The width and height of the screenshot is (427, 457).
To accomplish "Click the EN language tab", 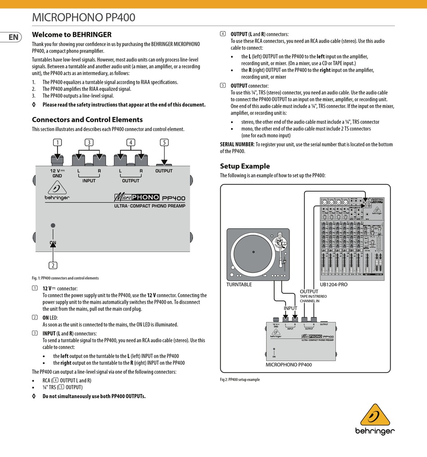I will coord(13,37).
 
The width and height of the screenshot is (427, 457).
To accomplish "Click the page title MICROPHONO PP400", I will coord(84,18).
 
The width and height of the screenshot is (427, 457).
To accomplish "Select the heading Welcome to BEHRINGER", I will coord(71,35).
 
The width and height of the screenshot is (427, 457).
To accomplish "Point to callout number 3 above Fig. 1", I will coord(89,143).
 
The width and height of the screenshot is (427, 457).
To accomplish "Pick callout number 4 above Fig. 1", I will coord(130,143).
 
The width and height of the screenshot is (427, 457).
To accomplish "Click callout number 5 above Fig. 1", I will coord(164,143).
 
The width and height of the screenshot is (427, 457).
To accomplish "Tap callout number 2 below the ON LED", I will coord(53,265).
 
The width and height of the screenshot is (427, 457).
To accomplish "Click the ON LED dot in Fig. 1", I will coord(53,225).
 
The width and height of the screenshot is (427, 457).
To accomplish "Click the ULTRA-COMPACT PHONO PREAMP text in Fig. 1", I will coord(150,206).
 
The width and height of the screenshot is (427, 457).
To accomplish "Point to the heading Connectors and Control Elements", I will coord(87,120).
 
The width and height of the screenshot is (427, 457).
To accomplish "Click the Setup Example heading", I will coord(245,166).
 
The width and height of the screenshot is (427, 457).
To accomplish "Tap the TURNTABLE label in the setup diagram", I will coord(239,284).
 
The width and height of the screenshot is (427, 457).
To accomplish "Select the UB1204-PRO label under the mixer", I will coord(334,284).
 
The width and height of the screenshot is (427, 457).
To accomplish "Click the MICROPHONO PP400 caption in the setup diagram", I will coord(289,365).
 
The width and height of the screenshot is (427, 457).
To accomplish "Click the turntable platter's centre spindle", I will coord(254,252).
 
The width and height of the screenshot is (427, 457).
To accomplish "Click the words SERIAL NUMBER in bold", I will coord(236,144).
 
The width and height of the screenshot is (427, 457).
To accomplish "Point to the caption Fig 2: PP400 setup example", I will coord(240,380).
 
